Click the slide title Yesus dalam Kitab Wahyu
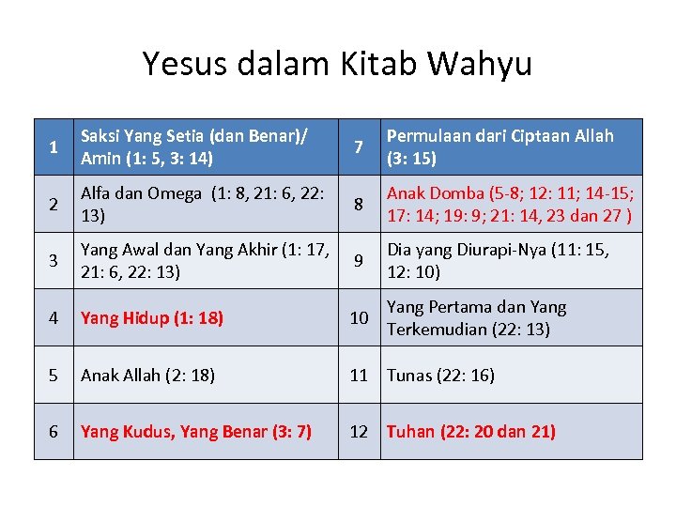(337, 64)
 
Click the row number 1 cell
(54, 147)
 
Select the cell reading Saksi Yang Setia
(205, 147)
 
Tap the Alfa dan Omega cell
(205, 204)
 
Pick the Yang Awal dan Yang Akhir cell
(205, 260)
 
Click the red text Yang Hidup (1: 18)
(152, 318)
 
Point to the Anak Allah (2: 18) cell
(147, 376)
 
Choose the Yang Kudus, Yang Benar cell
(196, 432)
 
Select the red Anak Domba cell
(511, 204)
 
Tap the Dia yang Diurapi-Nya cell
(499, 260)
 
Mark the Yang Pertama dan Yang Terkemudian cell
(478, 318)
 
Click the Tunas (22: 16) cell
(440, 376)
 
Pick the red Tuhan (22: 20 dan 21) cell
(471, 432)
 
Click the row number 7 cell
(358, 147)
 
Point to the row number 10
(359, 318)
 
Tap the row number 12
(359, 432)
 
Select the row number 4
(54, 318)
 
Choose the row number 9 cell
(358, 260)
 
